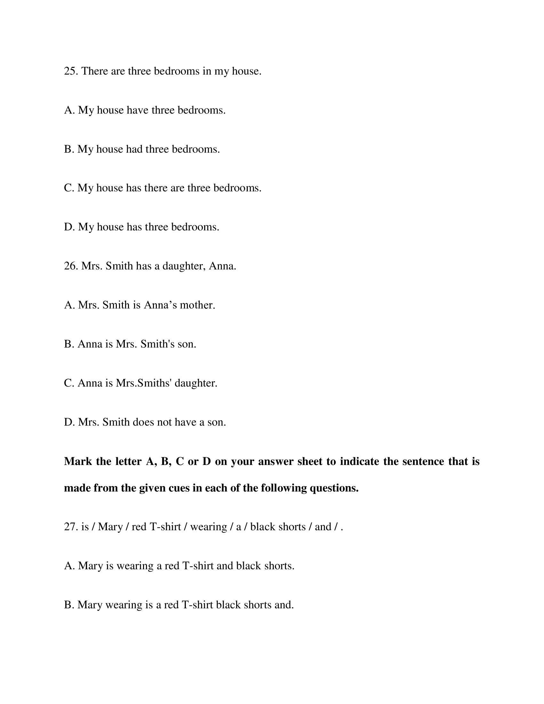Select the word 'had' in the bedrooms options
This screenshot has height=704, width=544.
[x=134, y=149]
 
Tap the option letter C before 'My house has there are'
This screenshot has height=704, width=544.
[x=69, y=188]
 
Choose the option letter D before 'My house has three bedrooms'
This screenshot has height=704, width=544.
[x=69, y=227]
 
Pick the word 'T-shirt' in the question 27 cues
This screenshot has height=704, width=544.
[x=165, y=527]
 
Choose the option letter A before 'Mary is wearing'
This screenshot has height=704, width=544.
[x=69, y=566]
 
